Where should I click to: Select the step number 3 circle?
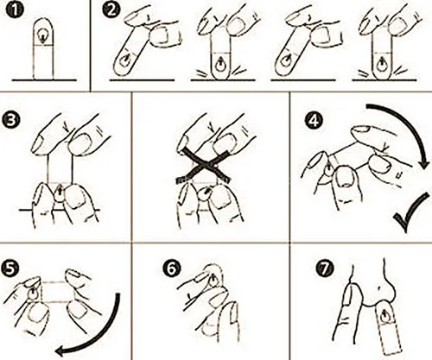point(11,120)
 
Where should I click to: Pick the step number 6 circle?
point(172,268)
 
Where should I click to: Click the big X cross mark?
point(204,166)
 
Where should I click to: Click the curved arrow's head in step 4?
point(424,164)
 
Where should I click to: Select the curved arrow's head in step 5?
point(61,351)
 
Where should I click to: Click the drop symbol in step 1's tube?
point(43,36)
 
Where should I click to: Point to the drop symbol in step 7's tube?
point(384,318)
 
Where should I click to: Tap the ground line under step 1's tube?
point(44,80)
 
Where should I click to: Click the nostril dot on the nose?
point(379,287)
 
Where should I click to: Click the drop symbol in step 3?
point(60,193)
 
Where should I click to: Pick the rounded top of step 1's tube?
point(43,24)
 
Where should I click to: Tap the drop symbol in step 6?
point(213,281)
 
